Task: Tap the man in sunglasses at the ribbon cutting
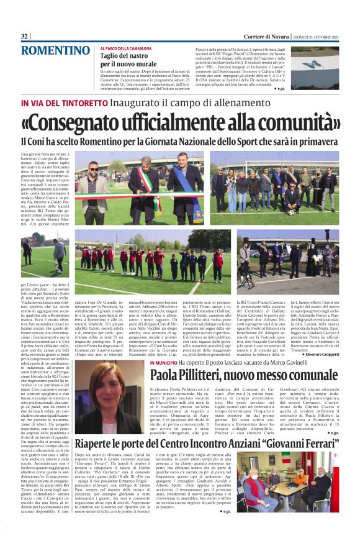93,186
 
